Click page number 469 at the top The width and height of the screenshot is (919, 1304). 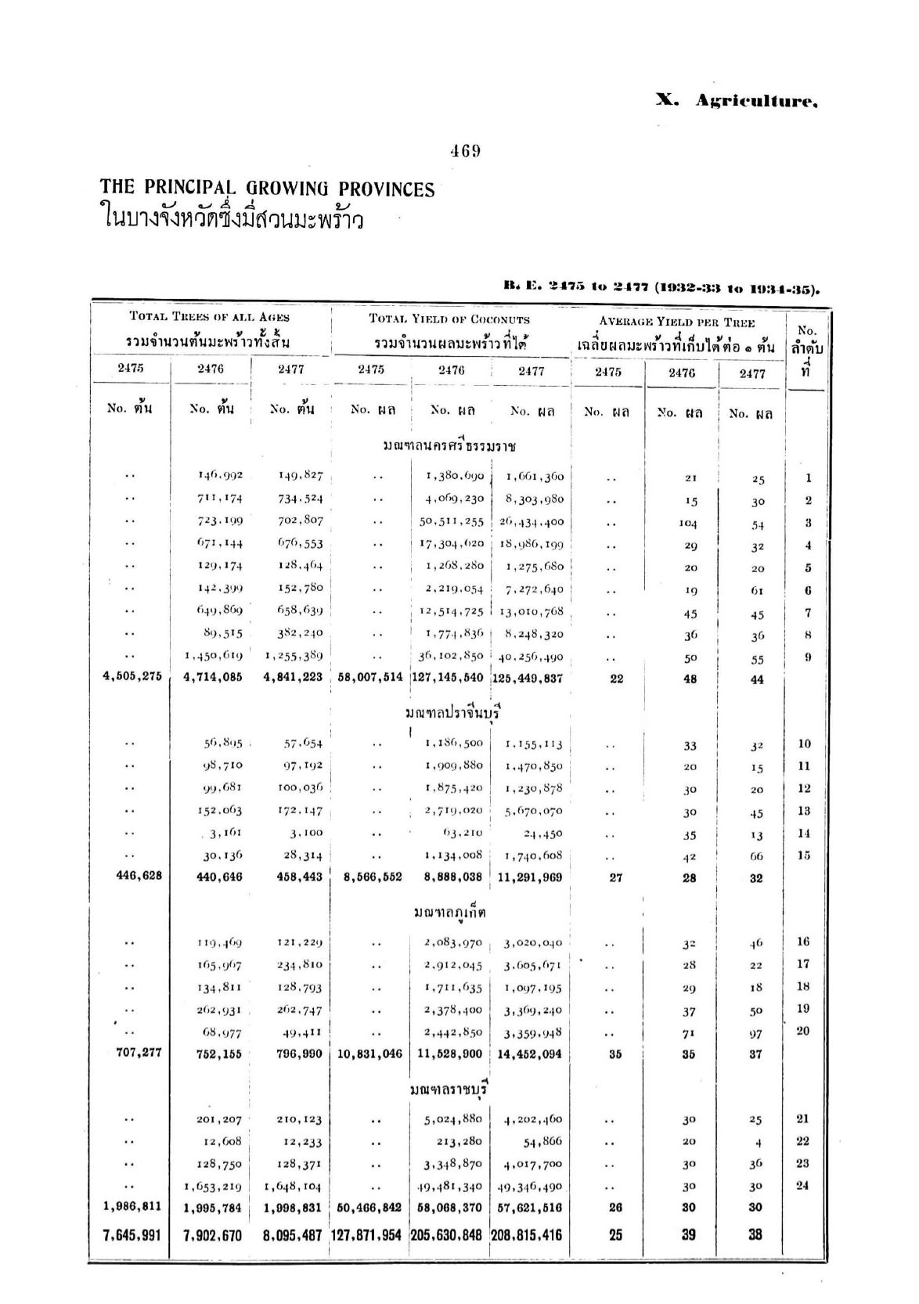click(x=465, y=152)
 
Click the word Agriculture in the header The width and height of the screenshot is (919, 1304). click(x=756, y=103)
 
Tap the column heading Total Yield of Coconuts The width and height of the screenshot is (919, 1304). click(x=449, y=319)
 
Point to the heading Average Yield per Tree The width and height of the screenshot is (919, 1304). click(x=676, y=322)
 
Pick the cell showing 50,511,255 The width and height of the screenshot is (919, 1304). click(x=452, y=522)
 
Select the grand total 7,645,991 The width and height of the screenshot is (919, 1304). click(x=132, y=1235)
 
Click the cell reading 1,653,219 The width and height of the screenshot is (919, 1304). click(x=213, y=1186)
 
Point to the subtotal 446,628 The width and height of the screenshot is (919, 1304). click(x=139, y=876)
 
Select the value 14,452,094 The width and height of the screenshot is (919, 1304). click(x=530, y=1054)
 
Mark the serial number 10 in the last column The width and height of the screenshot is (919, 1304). click(x=804, y=744)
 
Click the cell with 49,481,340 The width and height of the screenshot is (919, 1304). click(x=452, y=1186)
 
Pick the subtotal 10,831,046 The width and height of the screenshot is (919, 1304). click(x=369, y=1054)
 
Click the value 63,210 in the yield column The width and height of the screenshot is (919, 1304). click(x=462, y=833)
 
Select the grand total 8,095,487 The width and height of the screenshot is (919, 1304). click(x=293, y=1235)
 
